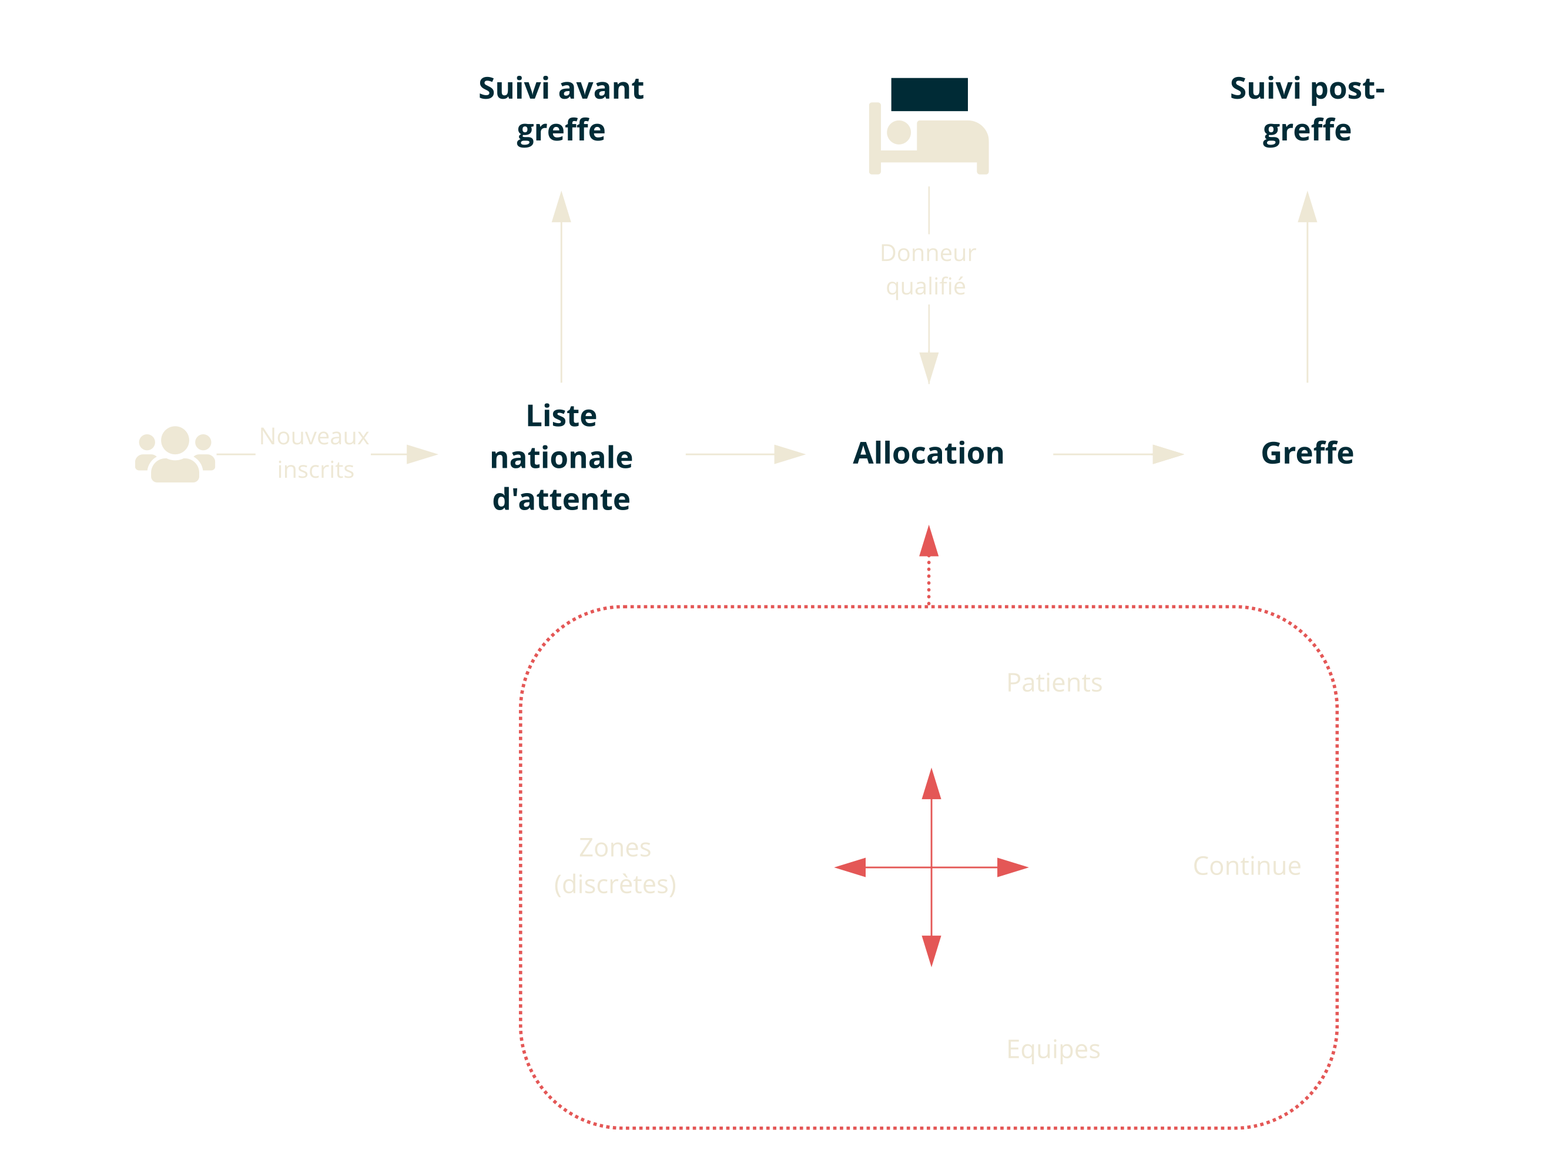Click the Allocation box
[x=928, y=454]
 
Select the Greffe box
[x=1307, y=454]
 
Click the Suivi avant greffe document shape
[x=561, y=119]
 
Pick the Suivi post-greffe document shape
[x=1307, y=119]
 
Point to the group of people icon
[x=175, y=454]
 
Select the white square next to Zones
[x=759, y=867]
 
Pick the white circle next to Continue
[x=1111, y=867]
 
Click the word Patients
[x=1054, y=683]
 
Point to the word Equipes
[x=1053, y=1049]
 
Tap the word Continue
[x=1246, y=866]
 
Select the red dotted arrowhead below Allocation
[x=929, y=542]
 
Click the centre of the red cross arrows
[x=931, y=867]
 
